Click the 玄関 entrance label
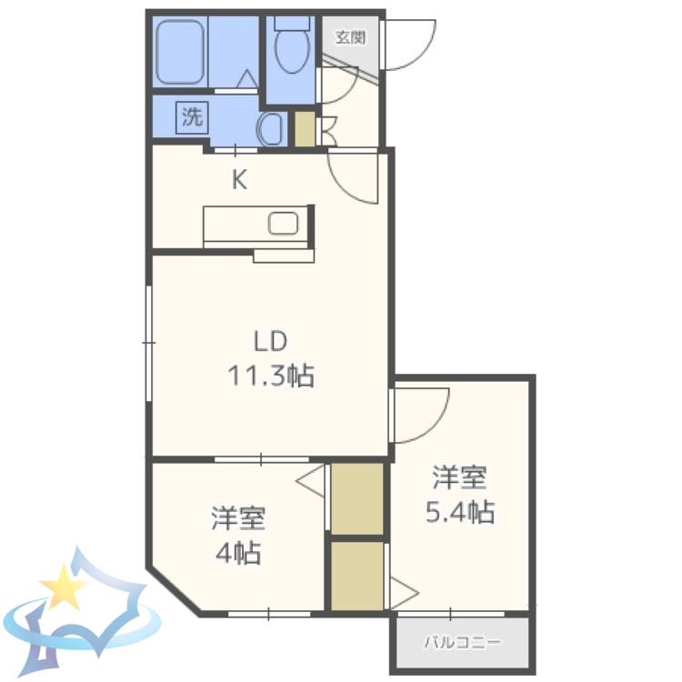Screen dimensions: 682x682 (x=349, y=37)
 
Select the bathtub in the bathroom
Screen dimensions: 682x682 (x=182, y=52)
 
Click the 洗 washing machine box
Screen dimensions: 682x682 (x=192, y=116)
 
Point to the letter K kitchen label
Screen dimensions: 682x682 (x=238, y=180)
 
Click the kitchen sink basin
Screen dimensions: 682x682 (x=284, y=224)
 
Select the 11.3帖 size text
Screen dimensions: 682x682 (x=270, y=375)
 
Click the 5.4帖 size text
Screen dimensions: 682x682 (x=459, y=513)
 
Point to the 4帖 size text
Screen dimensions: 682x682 (x=238, y=551)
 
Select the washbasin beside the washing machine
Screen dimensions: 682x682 (x=271, y=129)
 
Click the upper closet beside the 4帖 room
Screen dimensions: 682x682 (x=356, y=498)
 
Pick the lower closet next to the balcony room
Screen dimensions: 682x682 (x=356, y=577)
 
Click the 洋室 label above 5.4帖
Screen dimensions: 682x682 (x=459, y=476)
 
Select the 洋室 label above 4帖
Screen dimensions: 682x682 (x=238, y=518)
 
